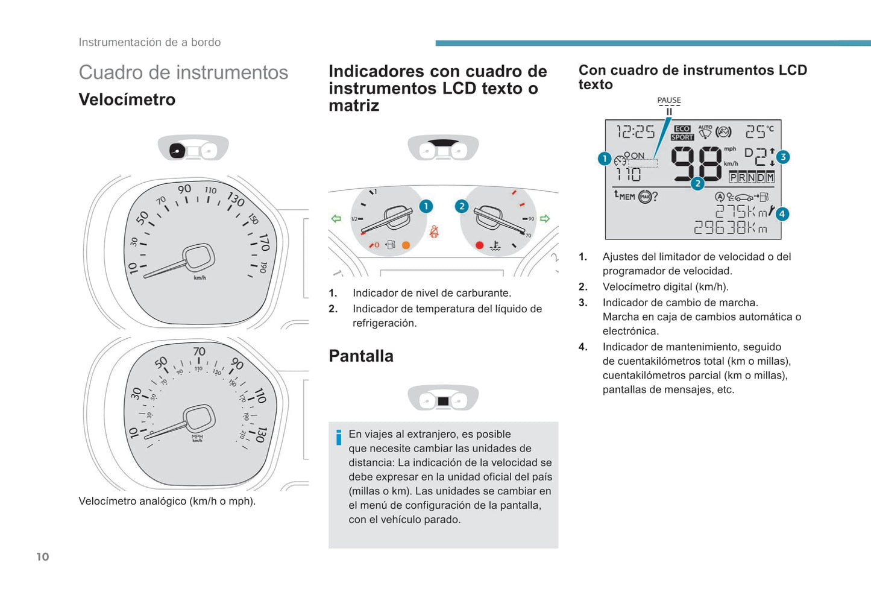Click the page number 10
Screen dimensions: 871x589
[x=43, y=556]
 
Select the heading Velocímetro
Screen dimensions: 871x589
[x=127, y=99]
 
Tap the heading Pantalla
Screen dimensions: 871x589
[x=361, y=356]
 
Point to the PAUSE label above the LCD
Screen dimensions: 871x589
[x=669, y=100]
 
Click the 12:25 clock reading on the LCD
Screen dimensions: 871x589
[x=635, y=132]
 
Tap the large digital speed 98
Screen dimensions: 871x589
[x=696, y=163]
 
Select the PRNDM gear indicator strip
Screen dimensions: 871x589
[x=752, y=177]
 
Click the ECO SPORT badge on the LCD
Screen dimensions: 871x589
[x=682, y=133]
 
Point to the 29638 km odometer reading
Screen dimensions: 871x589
[x=731, y=227]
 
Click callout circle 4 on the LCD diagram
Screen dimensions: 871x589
[x=782, y=214]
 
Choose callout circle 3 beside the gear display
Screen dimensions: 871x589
[x=783, y=157]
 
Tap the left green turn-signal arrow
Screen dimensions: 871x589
[x=336, y=218]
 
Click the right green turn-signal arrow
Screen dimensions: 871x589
[x=545, y=218]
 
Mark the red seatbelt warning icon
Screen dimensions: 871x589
[x=434, y=232]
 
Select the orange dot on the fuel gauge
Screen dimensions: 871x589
[x=406, y=245]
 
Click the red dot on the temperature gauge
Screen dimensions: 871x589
[x=479, y=245]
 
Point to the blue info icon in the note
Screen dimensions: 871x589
[x=339, y=437]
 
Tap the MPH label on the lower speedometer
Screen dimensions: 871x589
[x=197, y=436]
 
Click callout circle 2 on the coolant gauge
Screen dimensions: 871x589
[x=462, y=206]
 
